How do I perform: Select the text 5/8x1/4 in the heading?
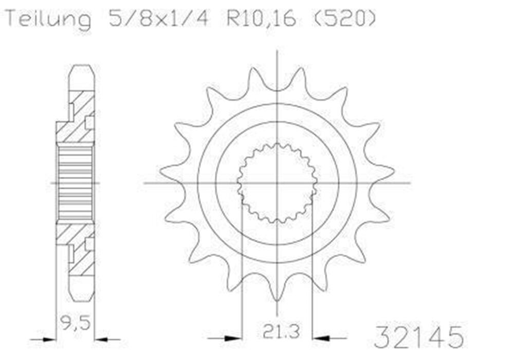pyautogui.click(x=158, y=19)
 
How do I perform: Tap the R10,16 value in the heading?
pyautogui.click(x=262, y=19)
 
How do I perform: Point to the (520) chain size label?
pyautogui.click(x=342, y=19)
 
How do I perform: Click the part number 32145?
pyautogui.click(x=418, y=337)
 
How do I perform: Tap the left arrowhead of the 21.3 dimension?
pyautogui.click(x=233, y=338)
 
